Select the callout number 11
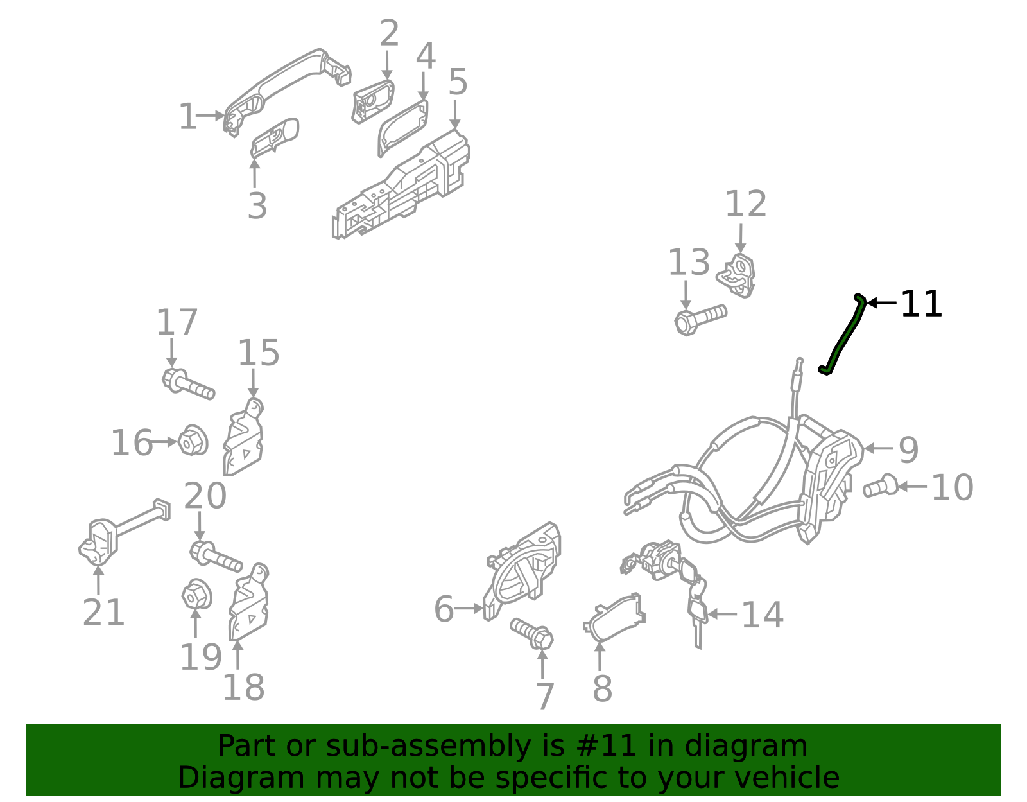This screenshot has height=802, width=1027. click(921, 304)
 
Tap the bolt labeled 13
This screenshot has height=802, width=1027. click(699, 318)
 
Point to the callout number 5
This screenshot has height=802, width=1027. click(457, 83)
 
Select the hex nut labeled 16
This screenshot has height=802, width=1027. click(192, 441)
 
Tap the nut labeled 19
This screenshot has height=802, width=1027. click(196, 595)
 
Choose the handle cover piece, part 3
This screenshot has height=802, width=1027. click(275, 137)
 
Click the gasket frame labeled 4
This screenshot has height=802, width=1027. click(403, 128)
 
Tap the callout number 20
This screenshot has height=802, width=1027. click(205, 496)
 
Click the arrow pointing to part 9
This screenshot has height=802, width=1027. click(879, 448)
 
